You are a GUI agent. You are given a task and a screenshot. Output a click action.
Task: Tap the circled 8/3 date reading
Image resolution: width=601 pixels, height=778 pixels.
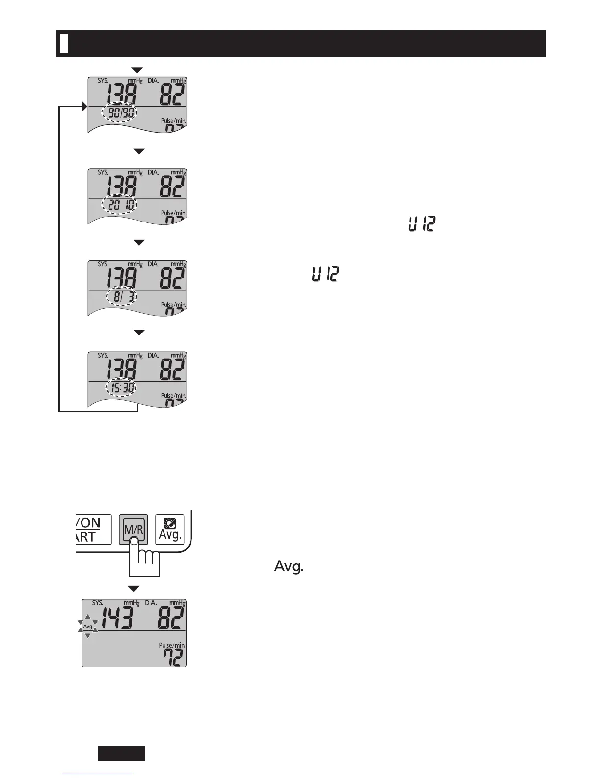pos(122,297)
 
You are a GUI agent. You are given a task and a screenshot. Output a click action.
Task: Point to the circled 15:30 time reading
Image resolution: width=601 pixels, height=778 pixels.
pos(121,389)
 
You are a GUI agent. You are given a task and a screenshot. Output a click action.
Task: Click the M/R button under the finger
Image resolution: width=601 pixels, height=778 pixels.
pos(133,529)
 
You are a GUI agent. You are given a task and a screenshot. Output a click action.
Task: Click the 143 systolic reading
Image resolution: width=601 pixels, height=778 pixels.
pos(117,616)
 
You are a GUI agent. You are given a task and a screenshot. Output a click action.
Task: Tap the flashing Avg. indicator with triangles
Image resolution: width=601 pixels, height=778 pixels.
pos(88,627)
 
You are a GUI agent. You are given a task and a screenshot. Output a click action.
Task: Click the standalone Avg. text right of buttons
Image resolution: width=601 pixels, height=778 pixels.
pos(289,567)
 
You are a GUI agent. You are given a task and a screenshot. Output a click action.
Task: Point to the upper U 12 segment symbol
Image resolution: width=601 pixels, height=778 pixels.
pos(421,225)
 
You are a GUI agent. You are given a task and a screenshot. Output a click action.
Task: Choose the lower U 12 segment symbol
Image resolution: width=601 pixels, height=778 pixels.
pos(326,274)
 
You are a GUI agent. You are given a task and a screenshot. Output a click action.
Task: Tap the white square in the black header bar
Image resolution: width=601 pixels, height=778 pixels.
pos(63,44)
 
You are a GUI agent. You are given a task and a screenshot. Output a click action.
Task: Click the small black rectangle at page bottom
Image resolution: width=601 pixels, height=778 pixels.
pos(122,752)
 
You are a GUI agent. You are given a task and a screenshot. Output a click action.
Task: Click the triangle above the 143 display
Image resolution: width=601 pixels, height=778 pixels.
pos(134,588)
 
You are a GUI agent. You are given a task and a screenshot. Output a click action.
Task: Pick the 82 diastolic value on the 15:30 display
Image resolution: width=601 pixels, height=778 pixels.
pos(173,370)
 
